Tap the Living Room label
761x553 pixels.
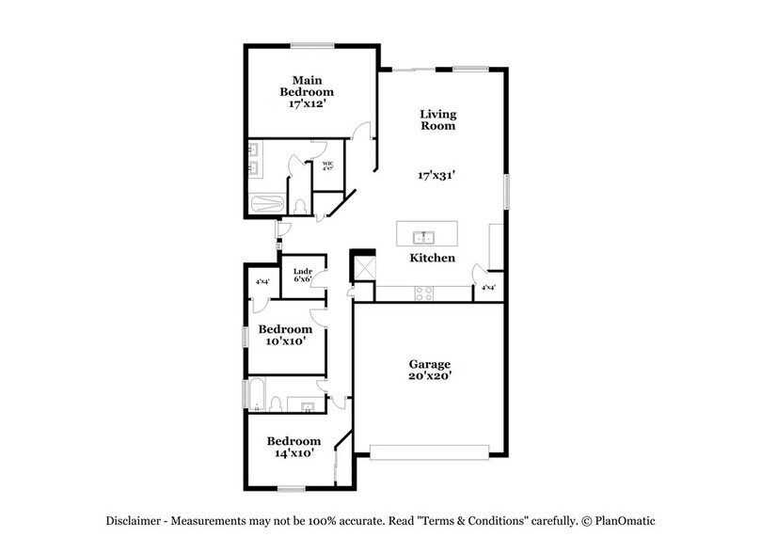(437, 119)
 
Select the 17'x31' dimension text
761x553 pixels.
(437, 175)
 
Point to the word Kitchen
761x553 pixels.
(432, 258)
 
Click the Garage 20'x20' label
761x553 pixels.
(429, 371)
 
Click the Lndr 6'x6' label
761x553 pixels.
(303, 274)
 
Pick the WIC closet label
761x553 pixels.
(328, 166)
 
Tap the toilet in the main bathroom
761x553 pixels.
(300, 204)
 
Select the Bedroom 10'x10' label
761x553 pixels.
(285, 336)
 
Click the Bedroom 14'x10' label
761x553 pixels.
(293, 447)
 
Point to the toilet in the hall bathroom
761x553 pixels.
(276, 403)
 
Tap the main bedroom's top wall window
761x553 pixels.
(312, 44)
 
